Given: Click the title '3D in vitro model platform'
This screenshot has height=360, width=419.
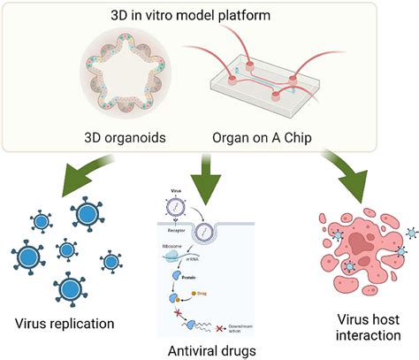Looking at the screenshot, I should [209, 16].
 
